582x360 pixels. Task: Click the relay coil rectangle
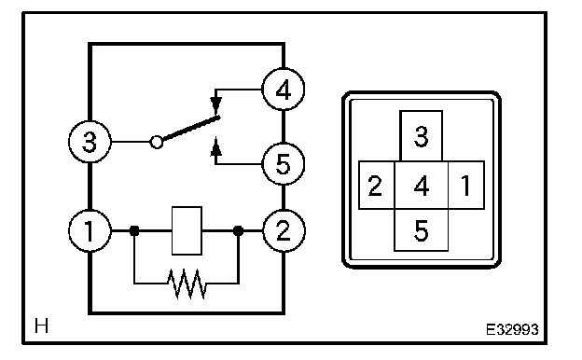tap(187, 231)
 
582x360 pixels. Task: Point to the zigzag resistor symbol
tap(187, 284)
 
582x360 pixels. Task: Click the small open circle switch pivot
tap(157, 142)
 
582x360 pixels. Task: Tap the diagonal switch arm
tap(191, 129)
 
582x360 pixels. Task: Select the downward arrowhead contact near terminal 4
tap(215, 104)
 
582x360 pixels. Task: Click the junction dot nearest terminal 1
tap(134, 231)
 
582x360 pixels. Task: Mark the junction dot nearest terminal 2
tap(238, 231)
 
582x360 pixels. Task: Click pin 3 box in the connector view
tap(421, 136)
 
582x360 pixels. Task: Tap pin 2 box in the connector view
tap(377, 186)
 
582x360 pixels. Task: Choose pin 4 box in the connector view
tap(422, 186)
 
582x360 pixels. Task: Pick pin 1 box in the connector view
tap(466, 186)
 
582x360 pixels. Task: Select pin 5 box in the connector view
tap(422, 230)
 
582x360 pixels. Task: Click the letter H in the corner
tap(41, 325)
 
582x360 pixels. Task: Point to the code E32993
tap(512, 329)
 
